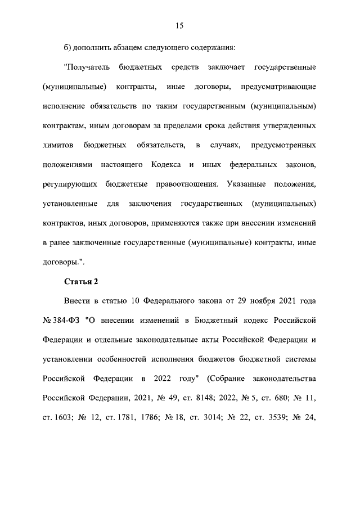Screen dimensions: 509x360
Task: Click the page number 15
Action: click(x=179, y=25)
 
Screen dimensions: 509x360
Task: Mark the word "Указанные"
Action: click(x=246, y=184)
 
